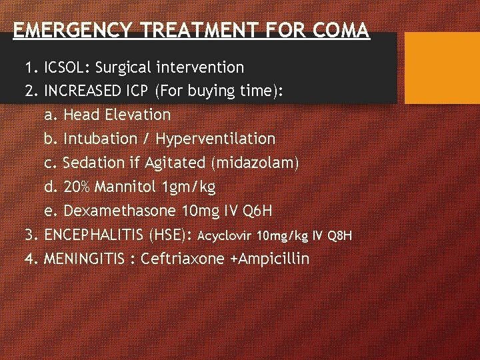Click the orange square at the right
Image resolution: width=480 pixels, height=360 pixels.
coord(442,67)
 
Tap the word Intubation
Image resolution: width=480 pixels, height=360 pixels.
coord(106,139)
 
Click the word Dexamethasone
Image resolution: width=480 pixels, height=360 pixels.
coord(120,211)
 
